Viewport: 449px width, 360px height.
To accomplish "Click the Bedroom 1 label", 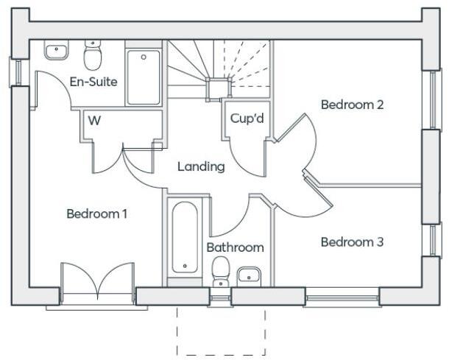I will [x=97, y=214].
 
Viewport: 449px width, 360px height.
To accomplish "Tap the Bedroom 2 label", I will [x=352, y=105].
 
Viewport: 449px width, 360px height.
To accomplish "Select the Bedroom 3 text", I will [x=352, y=241].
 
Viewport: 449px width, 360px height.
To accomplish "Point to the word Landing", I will [x=201, y=167].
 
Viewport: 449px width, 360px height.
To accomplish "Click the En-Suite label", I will [x=93, y=82].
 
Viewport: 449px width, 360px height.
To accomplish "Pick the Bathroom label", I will [x=235, y=247].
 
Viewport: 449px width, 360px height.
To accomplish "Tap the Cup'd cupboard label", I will [x=247, y=118].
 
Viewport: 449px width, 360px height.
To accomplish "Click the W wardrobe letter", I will [x=94, y=121].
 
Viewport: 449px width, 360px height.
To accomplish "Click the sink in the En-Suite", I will [x=56, y=51].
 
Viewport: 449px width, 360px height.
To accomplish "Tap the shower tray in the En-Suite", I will [x=144, y=77].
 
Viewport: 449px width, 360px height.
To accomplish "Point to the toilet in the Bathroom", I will [x=220, y=271].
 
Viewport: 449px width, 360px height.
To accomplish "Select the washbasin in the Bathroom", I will [x=250, y=276].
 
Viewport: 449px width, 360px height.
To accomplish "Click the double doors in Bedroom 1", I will [x=97, y=282].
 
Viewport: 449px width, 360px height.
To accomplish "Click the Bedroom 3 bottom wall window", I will [x=341, y=297].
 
